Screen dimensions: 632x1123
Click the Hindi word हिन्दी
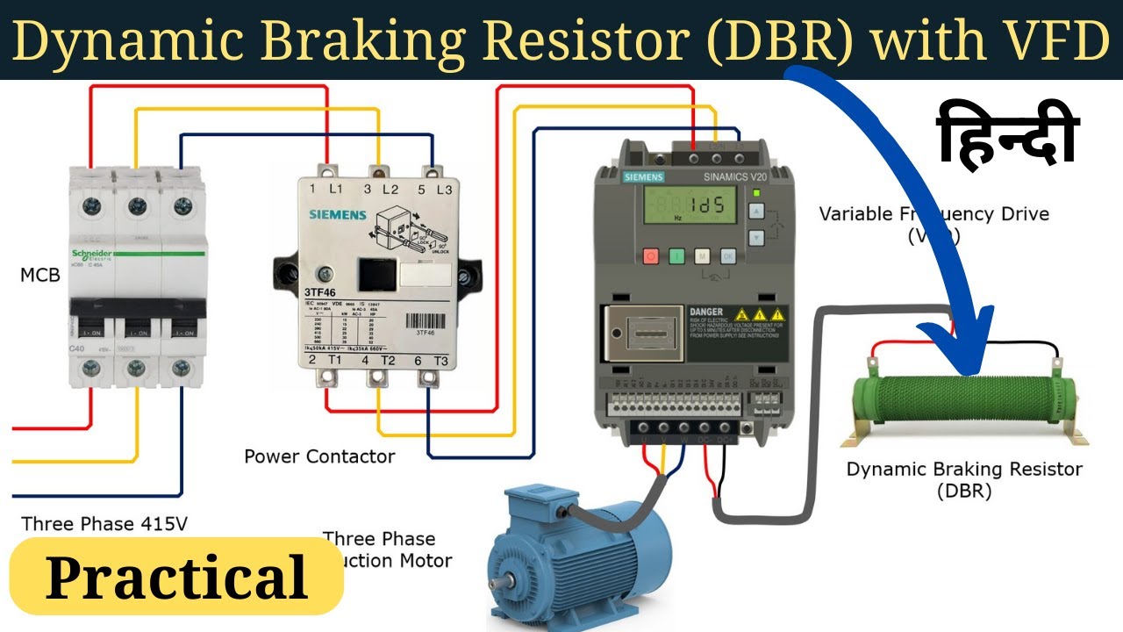click(x=1008, y=134)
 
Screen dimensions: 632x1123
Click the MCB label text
click(x=40, y=276)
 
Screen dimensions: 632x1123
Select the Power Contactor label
click(x=319, y=456)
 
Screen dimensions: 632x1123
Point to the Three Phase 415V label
click(x=104, y=524)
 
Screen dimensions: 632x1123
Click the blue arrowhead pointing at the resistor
click(x=970, y=342)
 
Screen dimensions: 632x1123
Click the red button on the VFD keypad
click(x=651, y=256)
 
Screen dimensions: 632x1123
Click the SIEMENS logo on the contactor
click(x=338, y=215)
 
